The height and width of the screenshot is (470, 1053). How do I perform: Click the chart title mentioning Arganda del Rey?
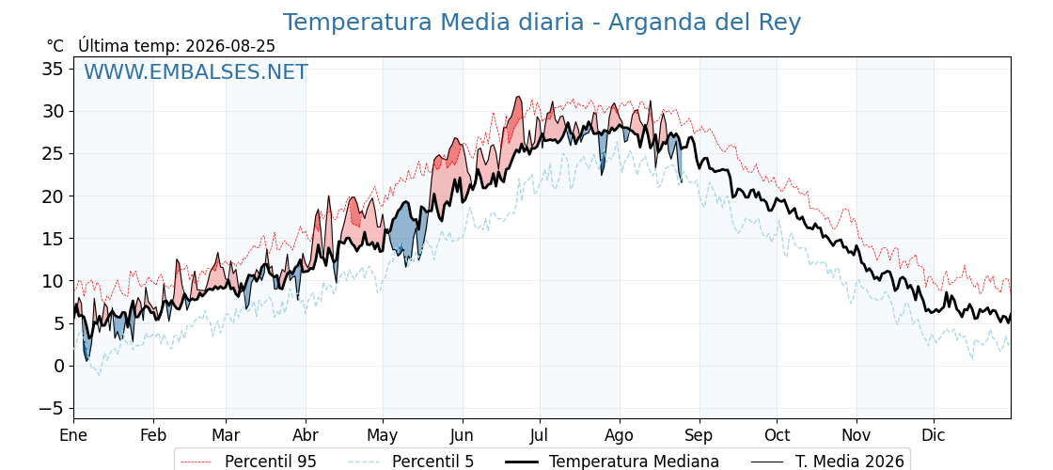542,23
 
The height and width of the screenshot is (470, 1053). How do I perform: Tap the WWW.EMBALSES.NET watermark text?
196,71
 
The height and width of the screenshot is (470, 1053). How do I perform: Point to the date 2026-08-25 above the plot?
229,45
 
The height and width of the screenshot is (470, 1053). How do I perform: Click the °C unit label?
55,46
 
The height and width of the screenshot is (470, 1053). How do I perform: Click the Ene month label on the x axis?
74,435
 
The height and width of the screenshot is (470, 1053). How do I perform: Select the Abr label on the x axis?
306,435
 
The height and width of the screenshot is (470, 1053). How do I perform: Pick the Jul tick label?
540,435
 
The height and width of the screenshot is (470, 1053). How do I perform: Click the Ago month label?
620,435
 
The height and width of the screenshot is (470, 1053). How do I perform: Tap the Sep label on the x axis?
699,435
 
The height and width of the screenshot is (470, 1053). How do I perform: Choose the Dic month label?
935,435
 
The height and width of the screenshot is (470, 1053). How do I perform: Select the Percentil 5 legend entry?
412,462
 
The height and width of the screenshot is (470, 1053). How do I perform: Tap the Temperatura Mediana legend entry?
612,462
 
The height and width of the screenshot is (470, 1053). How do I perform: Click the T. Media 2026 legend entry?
827,462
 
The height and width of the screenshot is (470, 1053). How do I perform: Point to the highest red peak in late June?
517,98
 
